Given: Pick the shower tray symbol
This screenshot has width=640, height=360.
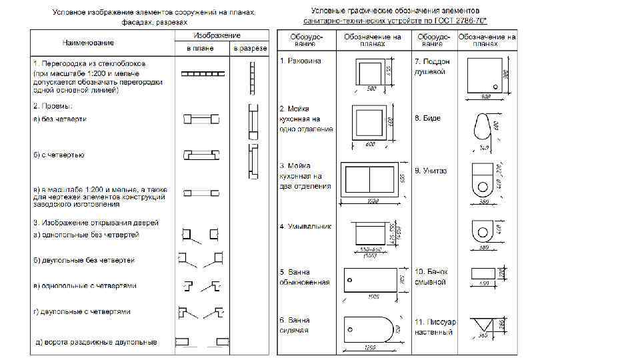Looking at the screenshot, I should click(484, 75).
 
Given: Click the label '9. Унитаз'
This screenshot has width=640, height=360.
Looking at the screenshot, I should click(431, 171).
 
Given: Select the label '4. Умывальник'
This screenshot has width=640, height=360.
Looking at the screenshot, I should click(305, 227).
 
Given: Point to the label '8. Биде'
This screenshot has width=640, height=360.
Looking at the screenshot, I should click(427, 118).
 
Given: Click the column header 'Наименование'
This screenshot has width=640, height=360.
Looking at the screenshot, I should click(89, 43).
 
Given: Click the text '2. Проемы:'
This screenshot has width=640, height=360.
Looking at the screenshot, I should click(53, 106).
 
